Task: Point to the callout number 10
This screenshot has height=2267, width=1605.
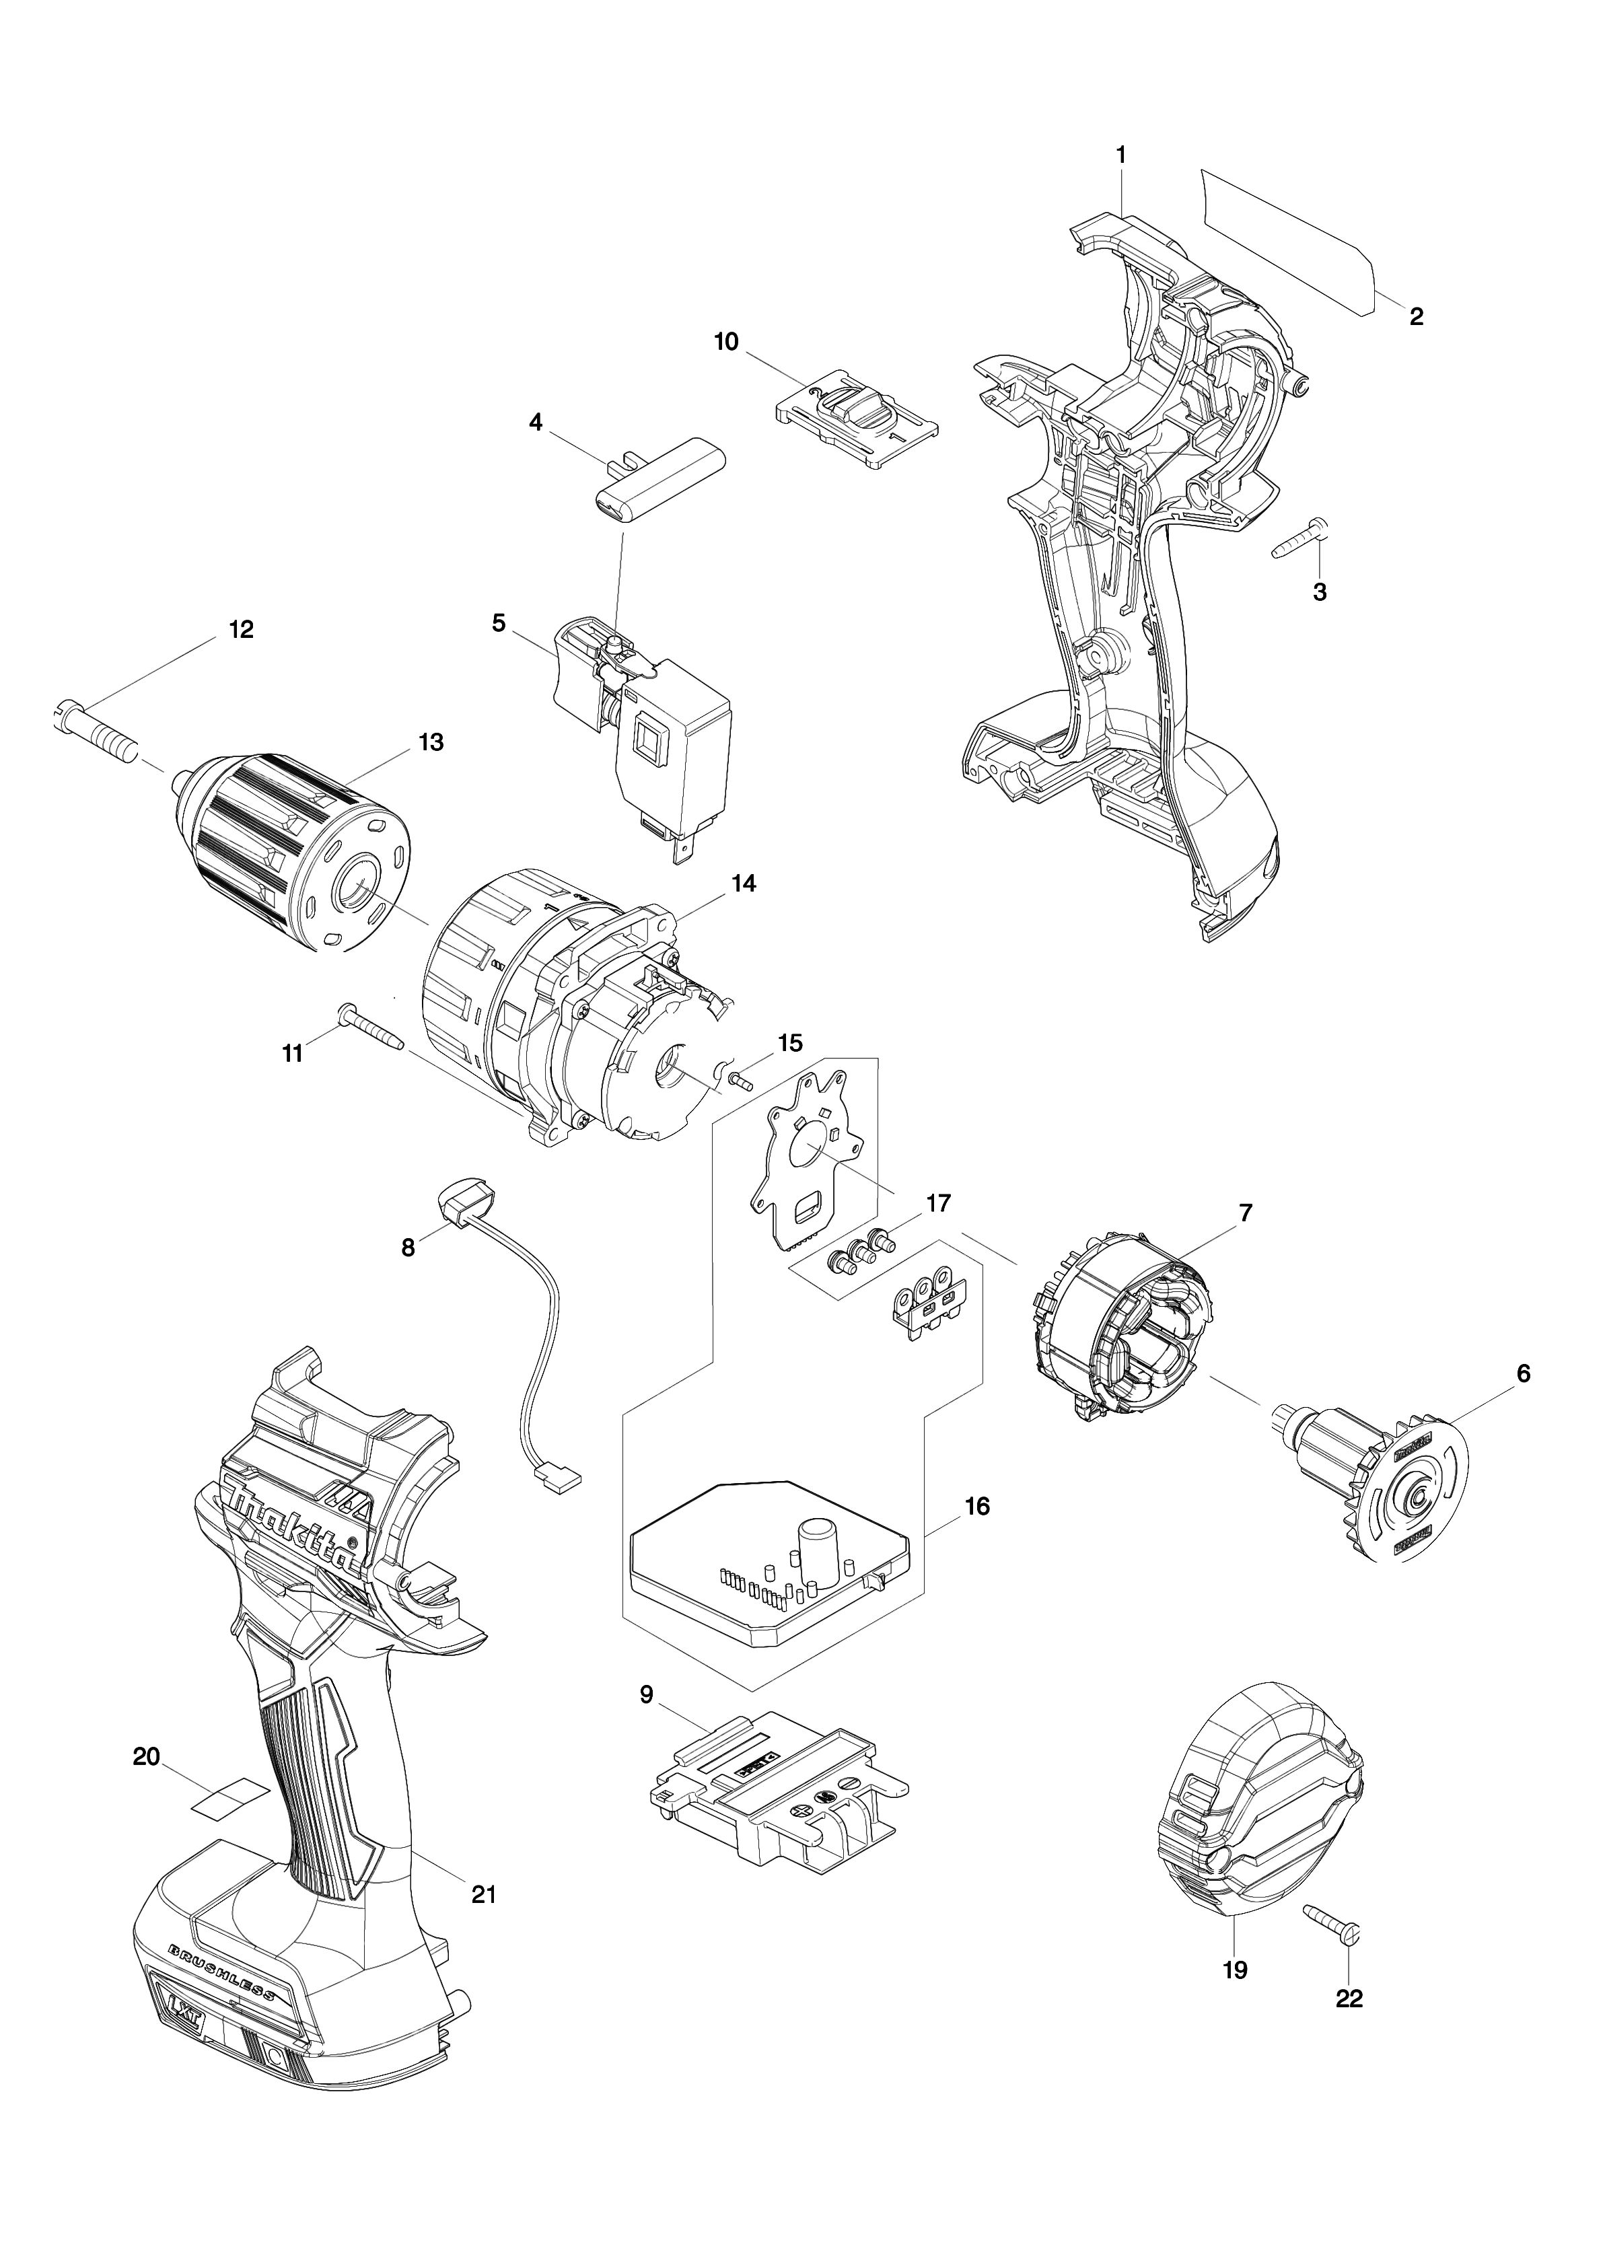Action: [725, 342]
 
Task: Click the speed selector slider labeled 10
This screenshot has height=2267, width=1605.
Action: [856, 418]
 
